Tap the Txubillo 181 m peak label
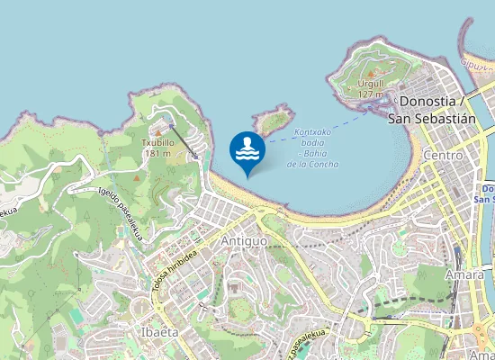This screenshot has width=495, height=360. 157,148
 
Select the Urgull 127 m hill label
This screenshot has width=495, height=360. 370,87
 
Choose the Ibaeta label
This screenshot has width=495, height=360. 158,331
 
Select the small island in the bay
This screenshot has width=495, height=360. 274,118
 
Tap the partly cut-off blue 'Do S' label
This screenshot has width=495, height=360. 487,193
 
